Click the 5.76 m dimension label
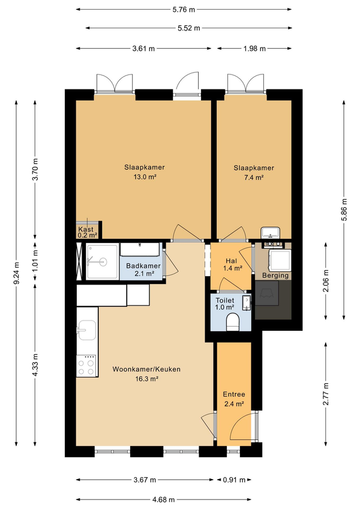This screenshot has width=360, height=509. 184,10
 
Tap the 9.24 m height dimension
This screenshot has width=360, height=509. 17,273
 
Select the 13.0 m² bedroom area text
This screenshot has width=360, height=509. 145,177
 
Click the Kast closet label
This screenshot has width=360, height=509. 86,229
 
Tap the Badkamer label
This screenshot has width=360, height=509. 143,266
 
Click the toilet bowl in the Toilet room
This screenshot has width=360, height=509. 232,322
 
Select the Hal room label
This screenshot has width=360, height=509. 231,261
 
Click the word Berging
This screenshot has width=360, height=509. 275,276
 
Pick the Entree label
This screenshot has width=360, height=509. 234,394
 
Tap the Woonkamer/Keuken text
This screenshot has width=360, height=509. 146,369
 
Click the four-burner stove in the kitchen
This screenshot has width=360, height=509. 86,366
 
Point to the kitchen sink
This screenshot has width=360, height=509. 87,330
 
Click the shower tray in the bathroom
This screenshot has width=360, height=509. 102,262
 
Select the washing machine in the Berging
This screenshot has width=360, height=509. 280,260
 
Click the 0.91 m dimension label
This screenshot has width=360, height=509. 234,480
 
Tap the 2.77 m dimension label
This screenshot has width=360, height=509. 326,394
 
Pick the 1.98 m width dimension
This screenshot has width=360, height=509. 254,49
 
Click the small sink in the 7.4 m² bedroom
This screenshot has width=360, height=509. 271,232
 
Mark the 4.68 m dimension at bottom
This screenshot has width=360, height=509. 163,499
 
